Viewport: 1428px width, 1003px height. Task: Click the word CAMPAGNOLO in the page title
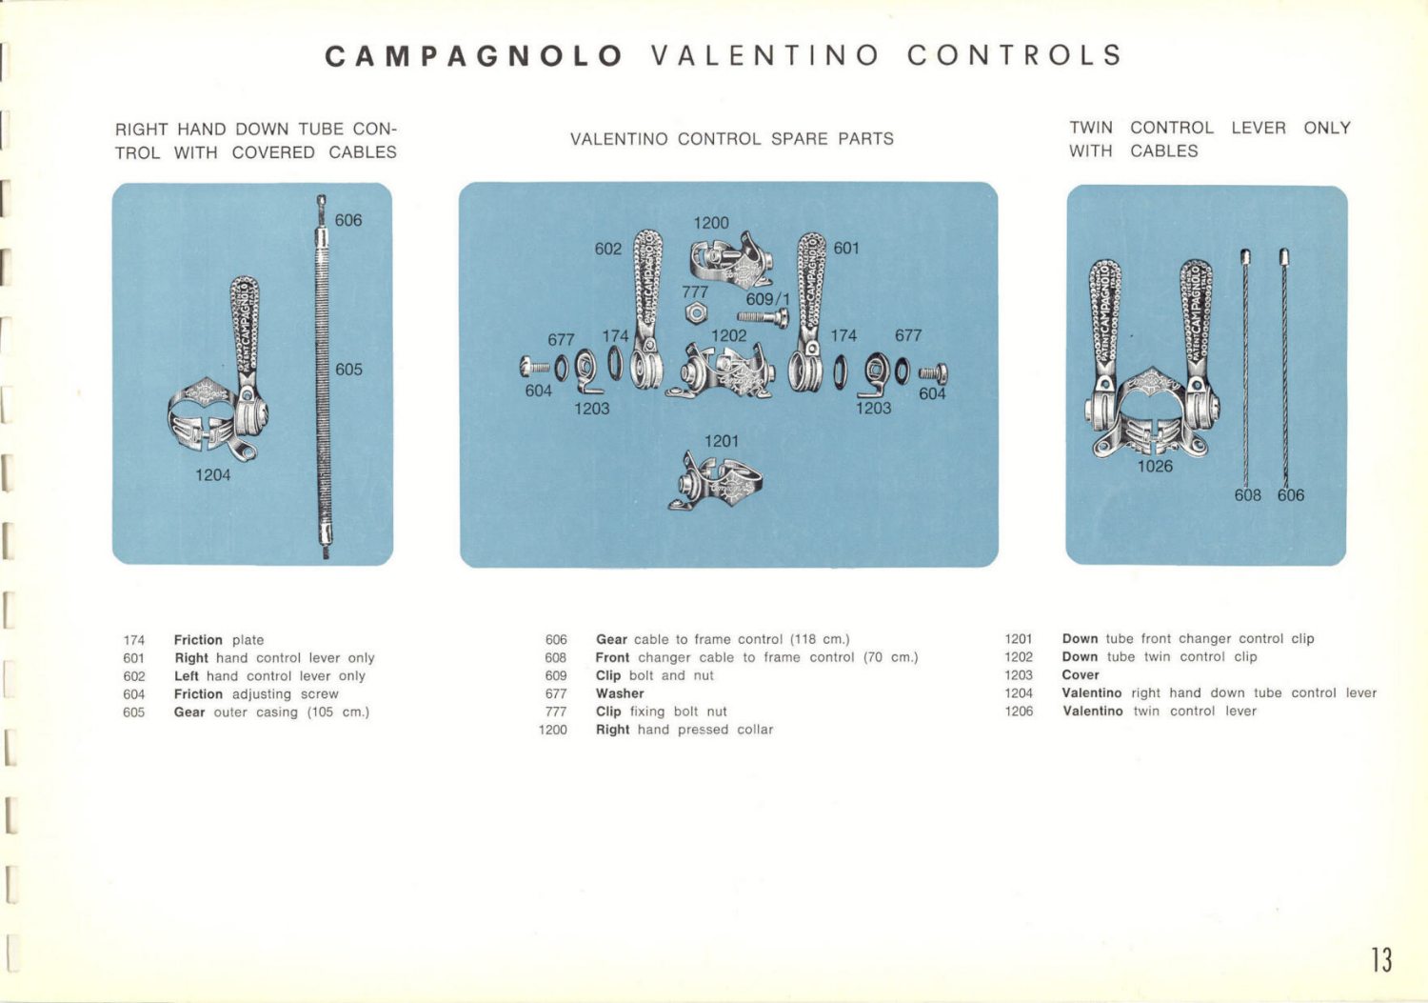[473, 56]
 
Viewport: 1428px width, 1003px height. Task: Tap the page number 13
[1381, 959]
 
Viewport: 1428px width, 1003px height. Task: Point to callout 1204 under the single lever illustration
[212, 474]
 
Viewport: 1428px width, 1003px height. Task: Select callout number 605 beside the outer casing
[348, 370]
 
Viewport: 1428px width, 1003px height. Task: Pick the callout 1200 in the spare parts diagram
[710, 223]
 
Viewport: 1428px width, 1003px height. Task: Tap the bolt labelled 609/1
[763, 318]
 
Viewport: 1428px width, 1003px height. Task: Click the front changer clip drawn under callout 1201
[716, 481]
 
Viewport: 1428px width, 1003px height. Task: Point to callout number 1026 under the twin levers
[1155, 467]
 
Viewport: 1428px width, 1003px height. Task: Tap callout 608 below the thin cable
[1247, 495]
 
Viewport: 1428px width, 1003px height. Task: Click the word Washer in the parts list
[620, 693]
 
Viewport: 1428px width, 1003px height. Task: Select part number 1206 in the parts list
[1019, 712]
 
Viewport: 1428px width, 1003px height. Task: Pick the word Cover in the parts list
[1081, 674]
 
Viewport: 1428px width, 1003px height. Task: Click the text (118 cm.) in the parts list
[820, 639]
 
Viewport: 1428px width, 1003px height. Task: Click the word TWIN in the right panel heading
[1091, 128]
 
